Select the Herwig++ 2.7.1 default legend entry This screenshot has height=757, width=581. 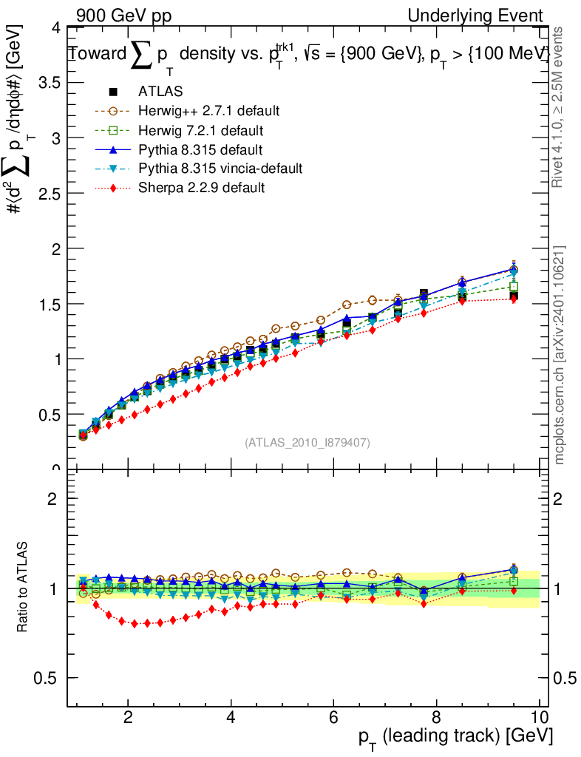click(208, 111)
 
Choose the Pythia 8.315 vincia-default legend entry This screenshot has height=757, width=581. click(220, 169)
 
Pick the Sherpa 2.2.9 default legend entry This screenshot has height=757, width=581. click(201, 188)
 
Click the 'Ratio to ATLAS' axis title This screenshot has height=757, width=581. click(24, 588)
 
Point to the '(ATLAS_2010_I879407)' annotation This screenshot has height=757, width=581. click(307, 442)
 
